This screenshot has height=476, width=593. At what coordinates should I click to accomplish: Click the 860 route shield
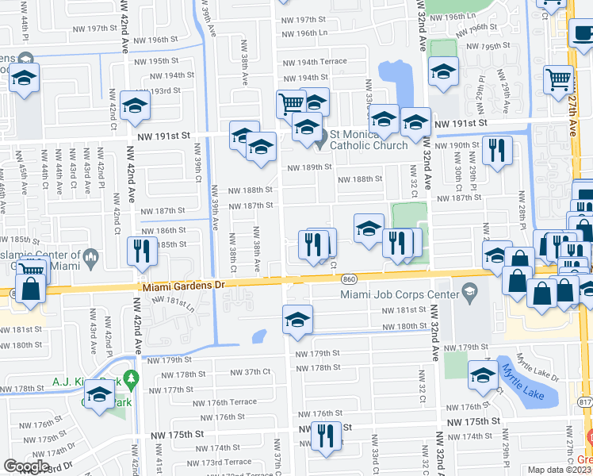349,280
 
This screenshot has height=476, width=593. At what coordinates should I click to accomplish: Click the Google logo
26,466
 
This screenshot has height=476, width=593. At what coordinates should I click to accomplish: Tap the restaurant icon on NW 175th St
325,436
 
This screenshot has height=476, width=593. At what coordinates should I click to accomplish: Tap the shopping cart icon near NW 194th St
291,102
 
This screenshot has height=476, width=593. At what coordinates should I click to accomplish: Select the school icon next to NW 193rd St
136,106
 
